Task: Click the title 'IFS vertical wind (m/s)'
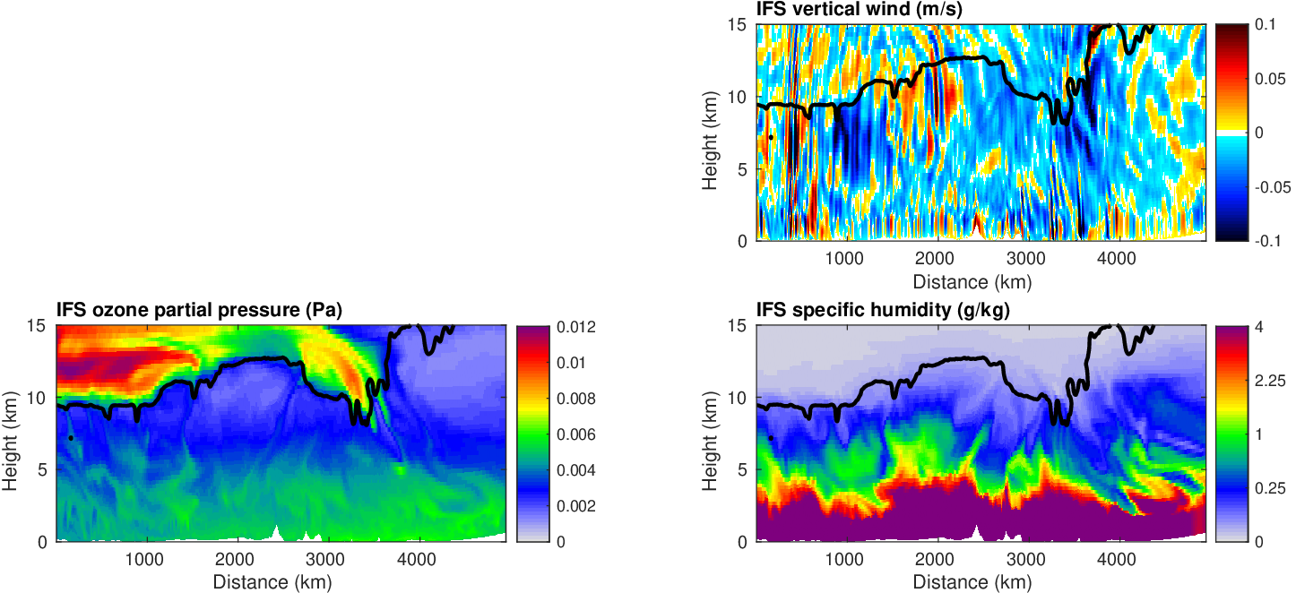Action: (x=850, y=10)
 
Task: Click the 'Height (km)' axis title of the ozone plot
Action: (x=11, y=434)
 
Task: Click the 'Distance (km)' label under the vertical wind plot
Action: (x=972, y=281)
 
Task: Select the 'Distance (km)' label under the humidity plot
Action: (x=972, y=582)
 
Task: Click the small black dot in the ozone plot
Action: (x=71, y=438)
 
